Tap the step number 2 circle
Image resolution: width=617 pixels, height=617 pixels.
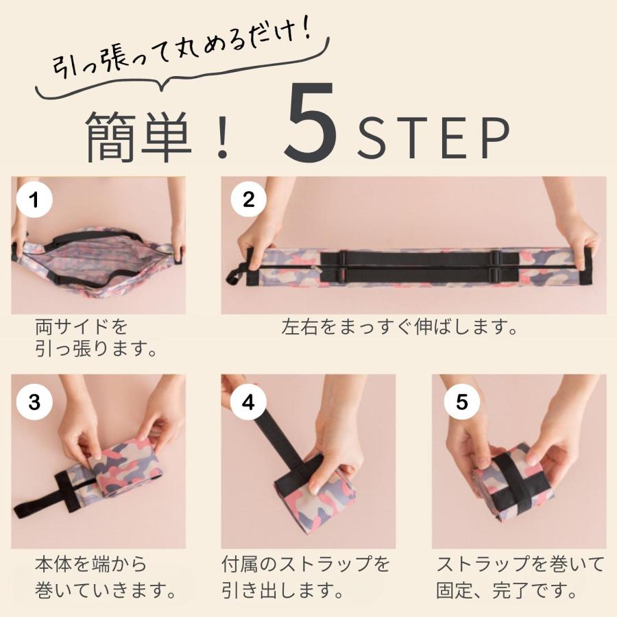pyautogui.click(x=248, y=199)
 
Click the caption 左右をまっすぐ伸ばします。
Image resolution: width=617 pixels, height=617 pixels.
pyautogui.click(x=400, y=327)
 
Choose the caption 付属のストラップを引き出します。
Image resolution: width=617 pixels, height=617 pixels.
pyautogui.click(x=306, y=577)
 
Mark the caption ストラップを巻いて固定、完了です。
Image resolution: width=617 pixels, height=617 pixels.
pyautogui.click(x=521, y=577)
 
